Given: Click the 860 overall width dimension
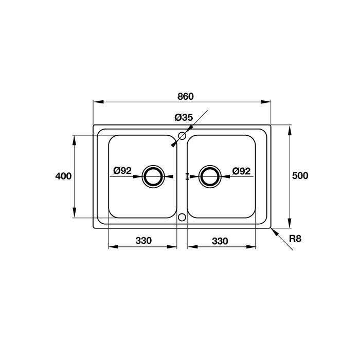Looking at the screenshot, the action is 186,97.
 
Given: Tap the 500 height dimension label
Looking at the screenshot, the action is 300,176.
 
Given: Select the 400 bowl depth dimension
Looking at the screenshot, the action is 63,176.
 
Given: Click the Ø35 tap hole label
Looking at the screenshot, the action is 184,118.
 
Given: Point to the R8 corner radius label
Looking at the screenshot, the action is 295,239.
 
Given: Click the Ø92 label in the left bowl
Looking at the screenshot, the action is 122,171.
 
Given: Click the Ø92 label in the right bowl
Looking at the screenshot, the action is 241,171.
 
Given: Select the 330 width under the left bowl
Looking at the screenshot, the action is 143,241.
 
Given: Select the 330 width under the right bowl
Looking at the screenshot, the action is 220,241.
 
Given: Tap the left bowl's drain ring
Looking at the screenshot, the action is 153,165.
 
